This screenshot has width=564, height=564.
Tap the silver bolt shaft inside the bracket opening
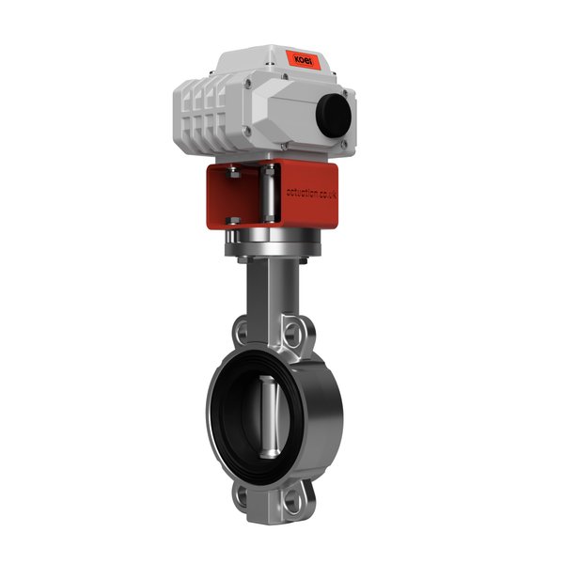tap(270, 195)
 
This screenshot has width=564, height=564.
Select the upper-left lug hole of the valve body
tap(243, 331)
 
